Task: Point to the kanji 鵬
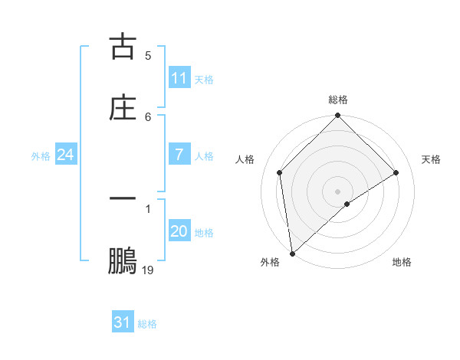123,260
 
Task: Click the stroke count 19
148,270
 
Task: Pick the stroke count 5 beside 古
148,55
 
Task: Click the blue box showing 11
179,78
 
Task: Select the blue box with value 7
179,155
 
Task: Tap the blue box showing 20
179,231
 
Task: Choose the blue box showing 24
66,155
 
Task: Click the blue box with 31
123,322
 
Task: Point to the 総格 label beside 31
147,324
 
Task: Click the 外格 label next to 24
41,156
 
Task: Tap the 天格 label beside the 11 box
204,80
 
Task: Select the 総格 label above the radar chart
338,100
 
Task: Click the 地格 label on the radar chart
402,262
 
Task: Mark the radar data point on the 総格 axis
338,116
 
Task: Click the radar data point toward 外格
291,254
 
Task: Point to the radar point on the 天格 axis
396,172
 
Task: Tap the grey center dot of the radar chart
338,191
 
